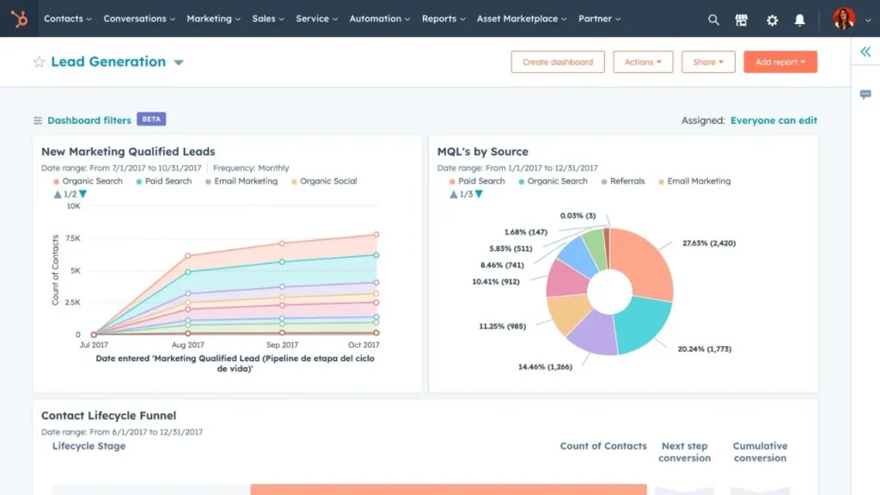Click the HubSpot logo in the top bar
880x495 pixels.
coord(19,19)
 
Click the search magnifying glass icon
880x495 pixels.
coord(713,20)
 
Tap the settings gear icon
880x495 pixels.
coord(772,20)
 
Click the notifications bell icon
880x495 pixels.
coord(800,20)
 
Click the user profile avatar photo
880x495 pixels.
coord(844,19)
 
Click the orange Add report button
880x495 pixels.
coord(779,62)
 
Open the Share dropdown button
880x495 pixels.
coord(708,62)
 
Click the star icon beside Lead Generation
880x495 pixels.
coord(39,62)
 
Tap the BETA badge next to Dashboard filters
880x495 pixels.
coord(151,119)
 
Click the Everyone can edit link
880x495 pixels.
coord(773,120)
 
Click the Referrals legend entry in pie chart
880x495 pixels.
coord(626,181)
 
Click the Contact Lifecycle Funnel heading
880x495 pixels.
coord(108,416)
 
